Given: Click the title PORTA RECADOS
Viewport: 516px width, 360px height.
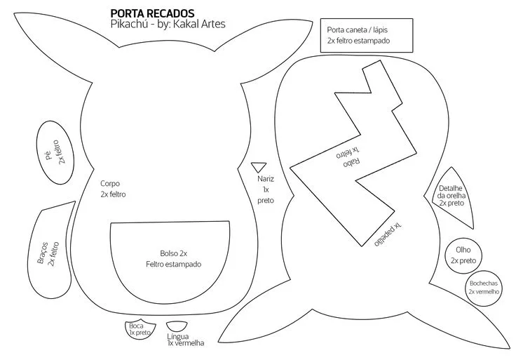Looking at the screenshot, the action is point(152,13).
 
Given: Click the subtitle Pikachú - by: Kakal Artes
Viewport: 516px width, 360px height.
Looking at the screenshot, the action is point(168,24).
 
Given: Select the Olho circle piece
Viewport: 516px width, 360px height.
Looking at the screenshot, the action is point(463,256).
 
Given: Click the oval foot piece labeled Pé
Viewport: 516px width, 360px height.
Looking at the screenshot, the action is point(55,152).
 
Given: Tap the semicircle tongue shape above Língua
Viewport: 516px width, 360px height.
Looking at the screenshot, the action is point(177,326).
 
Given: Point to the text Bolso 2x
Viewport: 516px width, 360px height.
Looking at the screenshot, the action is point(173,253).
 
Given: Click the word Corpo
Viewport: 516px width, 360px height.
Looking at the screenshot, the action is point(110,183).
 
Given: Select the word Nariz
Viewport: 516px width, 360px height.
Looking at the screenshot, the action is point(266,179).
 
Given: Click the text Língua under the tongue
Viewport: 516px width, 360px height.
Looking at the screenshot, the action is point(177,336).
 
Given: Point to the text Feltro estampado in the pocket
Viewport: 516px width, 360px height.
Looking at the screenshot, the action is point(173,264).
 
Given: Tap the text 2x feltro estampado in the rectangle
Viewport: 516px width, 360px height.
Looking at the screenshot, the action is point(358,41).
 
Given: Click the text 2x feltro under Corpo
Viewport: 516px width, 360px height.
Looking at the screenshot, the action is point(113,194).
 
